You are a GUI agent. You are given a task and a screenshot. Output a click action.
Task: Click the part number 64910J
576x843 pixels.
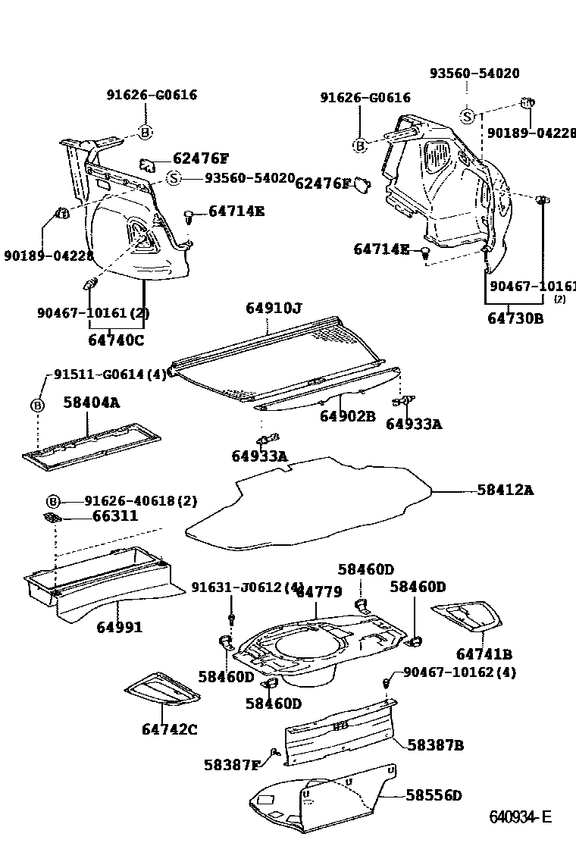point(274,308)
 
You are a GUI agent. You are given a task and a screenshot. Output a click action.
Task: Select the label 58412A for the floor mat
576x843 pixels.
point(505,490)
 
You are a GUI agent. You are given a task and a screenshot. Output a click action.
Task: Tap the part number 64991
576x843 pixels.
point(120,627)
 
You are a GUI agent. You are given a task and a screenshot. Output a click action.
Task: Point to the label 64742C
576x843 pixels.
point(169,729)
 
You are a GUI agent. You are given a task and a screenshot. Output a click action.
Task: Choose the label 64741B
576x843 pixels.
point(484,653)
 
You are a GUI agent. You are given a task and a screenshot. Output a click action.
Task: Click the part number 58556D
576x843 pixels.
point(434,795)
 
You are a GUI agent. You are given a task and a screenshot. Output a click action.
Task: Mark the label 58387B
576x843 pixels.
point(435,744)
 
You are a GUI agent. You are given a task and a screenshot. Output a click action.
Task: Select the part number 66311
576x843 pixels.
point(115,516)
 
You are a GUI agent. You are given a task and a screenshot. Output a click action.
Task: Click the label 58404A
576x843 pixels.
point(91,403)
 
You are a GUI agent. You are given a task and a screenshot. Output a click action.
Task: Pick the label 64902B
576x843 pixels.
point(347,416)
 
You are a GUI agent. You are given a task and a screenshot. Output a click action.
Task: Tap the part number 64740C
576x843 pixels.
point(115,340)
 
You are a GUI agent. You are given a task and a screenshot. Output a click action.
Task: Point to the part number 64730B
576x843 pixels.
point(515,318)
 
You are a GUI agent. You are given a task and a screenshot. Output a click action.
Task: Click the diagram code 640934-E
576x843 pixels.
point(520,816)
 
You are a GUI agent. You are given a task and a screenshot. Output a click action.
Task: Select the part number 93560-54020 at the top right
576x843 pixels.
point(474,74)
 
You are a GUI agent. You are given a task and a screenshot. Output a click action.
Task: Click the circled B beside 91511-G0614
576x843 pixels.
point(37,405)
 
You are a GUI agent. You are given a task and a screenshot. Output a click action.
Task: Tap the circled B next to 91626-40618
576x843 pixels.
point(53,501)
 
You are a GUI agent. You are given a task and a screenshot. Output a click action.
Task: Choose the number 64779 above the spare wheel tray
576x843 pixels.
point(319,592)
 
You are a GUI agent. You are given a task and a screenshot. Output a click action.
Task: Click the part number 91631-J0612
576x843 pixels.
point(241,588)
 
